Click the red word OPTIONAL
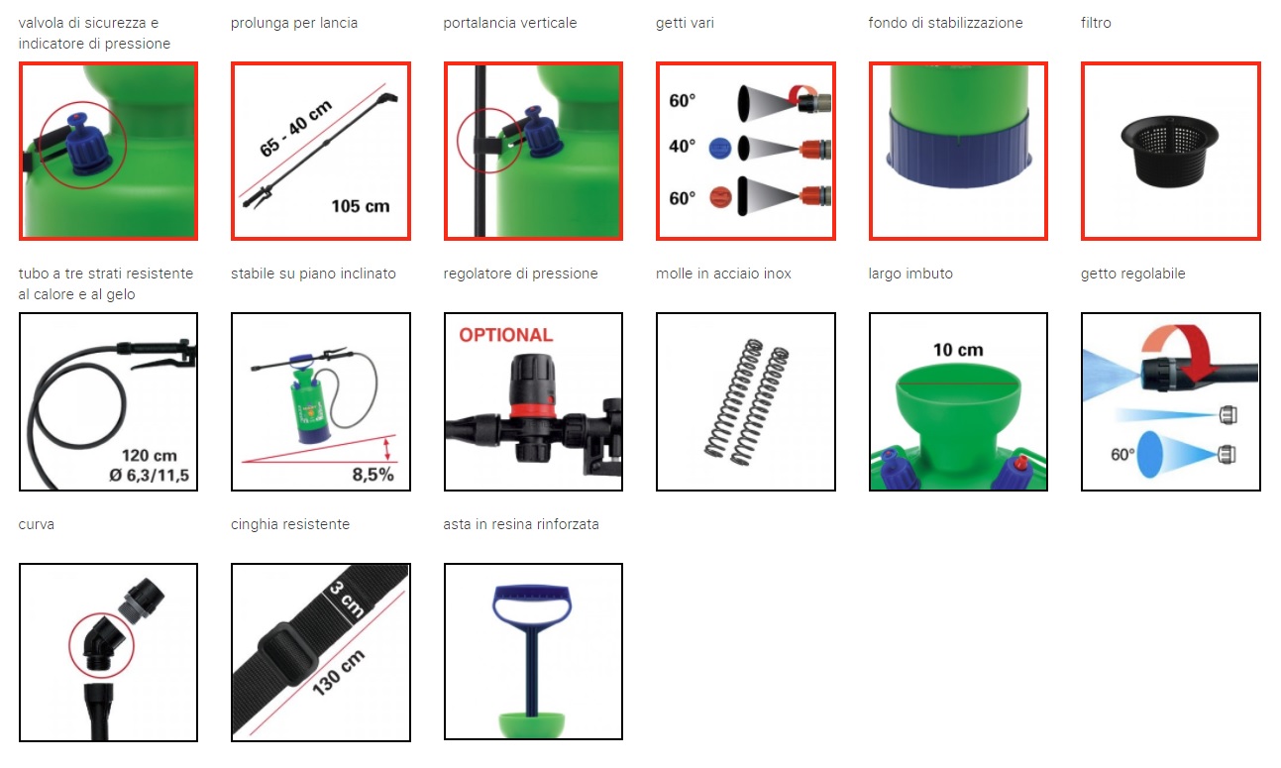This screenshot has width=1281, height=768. point(505,335)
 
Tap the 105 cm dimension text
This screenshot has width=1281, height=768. point(361,206)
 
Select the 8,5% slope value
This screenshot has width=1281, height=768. point(373,475)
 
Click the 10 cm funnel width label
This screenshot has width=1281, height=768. point(958,350)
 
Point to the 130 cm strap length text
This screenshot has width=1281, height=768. point(339,673)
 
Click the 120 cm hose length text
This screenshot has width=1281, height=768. point(150,455)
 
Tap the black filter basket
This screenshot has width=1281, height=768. point(1169,152)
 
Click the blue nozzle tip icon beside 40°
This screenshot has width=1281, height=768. point(720,149)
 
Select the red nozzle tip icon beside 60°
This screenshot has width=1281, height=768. point(720,198)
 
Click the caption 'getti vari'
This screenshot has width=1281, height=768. point(685,23)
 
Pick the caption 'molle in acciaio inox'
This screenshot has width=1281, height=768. point(723,274)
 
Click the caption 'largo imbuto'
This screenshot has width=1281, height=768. point(910,274)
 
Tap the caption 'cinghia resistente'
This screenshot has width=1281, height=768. point(290,524)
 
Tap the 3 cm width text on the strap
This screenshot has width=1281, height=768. point(348,600)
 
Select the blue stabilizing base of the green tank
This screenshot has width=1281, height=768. point(958,150)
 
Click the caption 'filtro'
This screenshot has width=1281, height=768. point(1096,23)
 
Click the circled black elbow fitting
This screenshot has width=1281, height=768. point(102,644)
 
